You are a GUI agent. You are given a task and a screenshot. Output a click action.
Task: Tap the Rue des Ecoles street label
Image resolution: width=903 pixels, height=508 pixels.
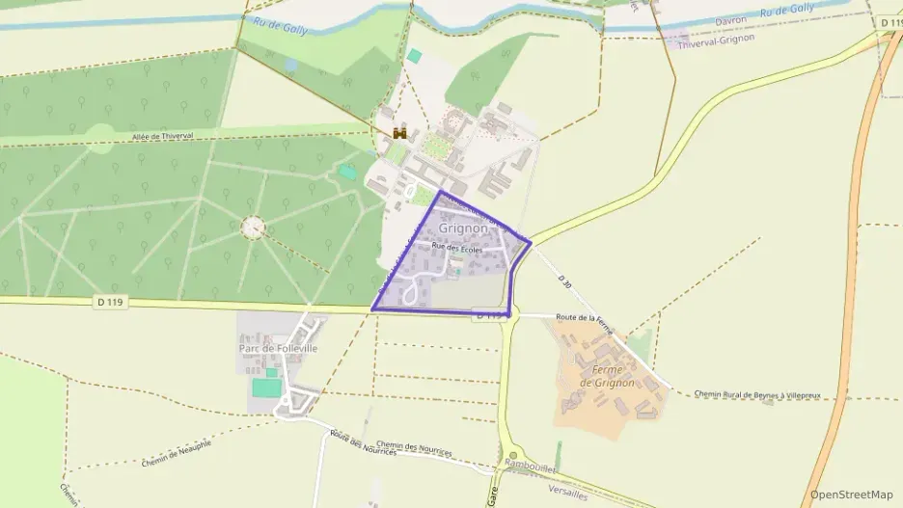pos(457,248)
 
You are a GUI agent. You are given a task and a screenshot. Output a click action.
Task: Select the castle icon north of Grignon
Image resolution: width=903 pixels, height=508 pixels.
pos(398,133)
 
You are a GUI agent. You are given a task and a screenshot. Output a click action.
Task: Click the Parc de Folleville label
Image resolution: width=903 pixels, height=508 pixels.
pos(278,348)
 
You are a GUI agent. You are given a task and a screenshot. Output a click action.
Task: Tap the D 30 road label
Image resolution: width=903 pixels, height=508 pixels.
pos(566,281)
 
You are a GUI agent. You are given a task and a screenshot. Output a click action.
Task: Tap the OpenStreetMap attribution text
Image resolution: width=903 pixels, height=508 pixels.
pos(851,495)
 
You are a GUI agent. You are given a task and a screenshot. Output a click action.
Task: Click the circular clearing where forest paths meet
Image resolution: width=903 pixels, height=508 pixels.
pos(253,227)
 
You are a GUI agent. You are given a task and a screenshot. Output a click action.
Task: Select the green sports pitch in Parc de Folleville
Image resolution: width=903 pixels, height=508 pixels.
pos(267,387)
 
